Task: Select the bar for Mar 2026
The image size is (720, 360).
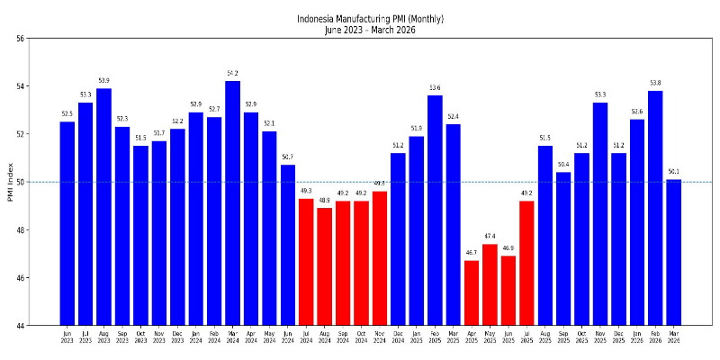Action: coord(673,252)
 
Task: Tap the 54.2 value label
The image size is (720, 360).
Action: coord(232,73)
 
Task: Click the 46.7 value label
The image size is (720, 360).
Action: coord(472,253)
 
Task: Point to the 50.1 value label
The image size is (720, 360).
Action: coord(673,172)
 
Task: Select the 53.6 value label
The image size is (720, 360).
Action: coord(435,87)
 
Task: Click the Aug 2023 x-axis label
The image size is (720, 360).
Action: coord(104,337)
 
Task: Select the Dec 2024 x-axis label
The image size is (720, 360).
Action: coord(398,337)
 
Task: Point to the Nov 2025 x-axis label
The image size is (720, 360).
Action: coord(600,337)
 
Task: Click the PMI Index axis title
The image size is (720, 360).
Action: coord(10,182)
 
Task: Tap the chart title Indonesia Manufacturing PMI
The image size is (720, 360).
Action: coord(371,19)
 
